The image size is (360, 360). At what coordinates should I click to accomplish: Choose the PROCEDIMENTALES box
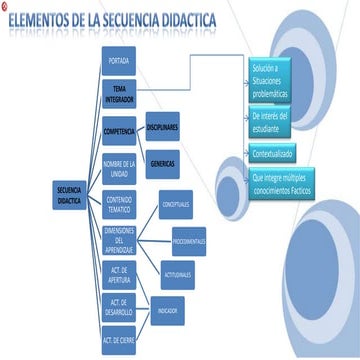click(188, 240)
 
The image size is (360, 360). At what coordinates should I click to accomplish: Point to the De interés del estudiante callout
click(276, 121)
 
